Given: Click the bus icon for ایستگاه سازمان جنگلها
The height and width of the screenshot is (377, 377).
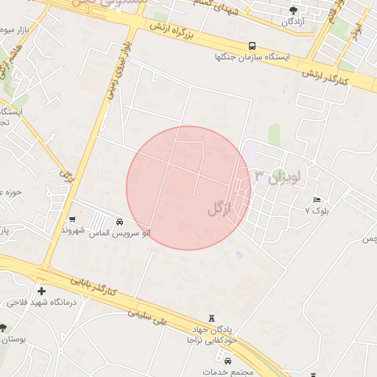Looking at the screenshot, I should (253, 45).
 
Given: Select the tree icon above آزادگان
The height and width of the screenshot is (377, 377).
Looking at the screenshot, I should (293, 10).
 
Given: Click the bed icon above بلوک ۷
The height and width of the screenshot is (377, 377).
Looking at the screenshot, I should (317, 200).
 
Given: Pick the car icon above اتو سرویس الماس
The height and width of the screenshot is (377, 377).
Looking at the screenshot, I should (119, 222).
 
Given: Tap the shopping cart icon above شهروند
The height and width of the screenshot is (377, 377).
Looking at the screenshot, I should (72, 219).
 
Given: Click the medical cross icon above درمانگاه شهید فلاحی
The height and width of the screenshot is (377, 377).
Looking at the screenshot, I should (41, 292).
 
